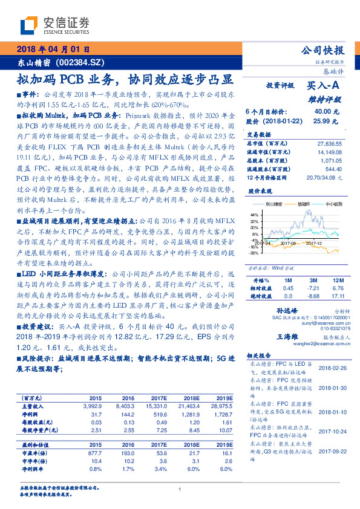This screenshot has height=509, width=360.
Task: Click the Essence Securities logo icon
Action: pos(30,25)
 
